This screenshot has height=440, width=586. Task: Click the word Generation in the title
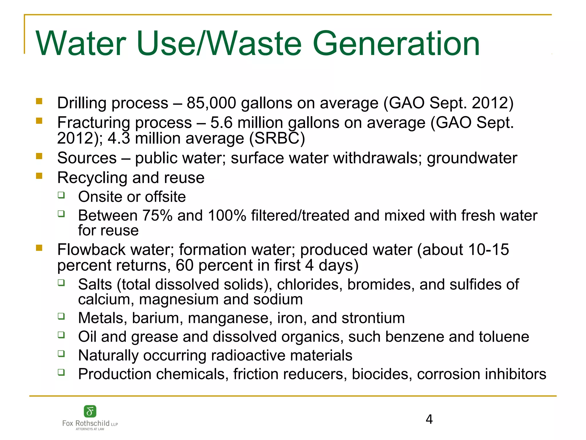point(396,44)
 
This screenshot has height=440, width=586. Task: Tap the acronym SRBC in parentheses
point(277,138)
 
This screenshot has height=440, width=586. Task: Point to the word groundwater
point(472,158)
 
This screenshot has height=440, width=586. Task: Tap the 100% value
point(227,215)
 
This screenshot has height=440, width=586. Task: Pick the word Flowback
point(91,250)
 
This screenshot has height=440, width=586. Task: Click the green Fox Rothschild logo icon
point(90,412)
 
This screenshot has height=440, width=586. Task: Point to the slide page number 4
point(429,419)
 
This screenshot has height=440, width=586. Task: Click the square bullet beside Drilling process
point(39,101)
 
